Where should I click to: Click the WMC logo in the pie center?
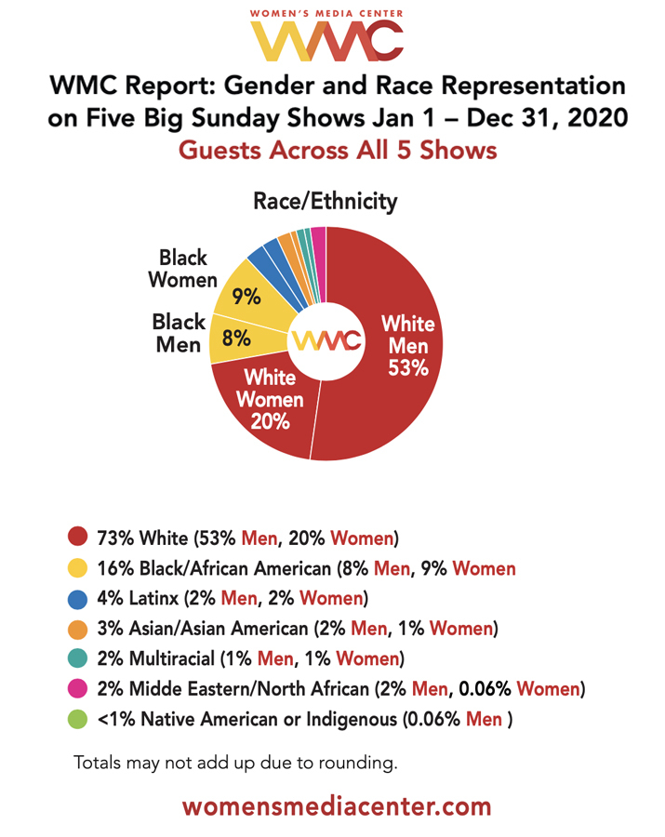pyautogui.click(x=326, y=341)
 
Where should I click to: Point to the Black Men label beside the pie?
pyautogui.click(x=179, y=333)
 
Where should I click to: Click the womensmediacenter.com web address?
pyautogui.click(x=336, y=804)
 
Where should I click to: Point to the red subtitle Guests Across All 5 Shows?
pyautogui.click(x=336, y=150)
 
